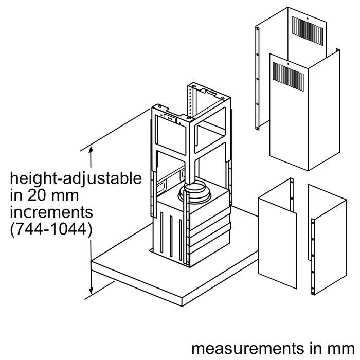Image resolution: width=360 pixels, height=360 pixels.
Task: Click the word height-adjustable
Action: (x=76, y=179)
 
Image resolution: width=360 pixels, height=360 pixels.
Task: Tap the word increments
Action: (x=50, y=212)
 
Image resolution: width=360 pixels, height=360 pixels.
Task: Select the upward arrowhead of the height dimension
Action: (x=92, y=150)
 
